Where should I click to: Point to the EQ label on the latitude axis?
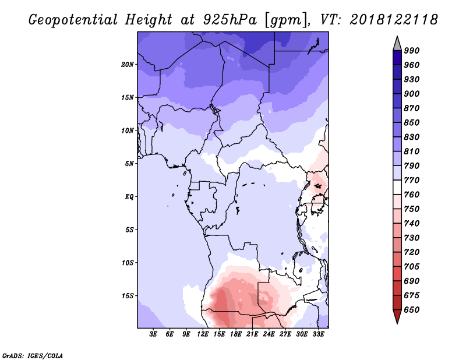pyautogui.click(x=129, y=196)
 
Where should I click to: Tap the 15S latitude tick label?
pyautogui.click(x=128, y=295)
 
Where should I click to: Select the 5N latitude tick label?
pyautogui.click(x=130, y=164)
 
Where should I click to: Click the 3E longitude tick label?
pyautogui.click(x=154, y=334)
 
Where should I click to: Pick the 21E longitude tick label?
pyautogui.click(x=253, y=334)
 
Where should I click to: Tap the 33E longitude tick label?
pyautogui.click(x=319, y=334)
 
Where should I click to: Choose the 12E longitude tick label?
pyautogui.click(x=203, y=334)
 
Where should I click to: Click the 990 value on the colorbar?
pyautogui.click(x=412, y=51)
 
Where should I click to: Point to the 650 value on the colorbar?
pyautogui.click(x=412, y=310)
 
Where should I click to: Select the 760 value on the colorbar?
pyautogui.click(x=412, y=195)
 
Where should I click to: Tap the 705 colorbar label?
pyautogui.click(x=412, y=267)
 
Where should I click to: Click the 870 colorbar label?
pyautogui.click(x=412, y=108)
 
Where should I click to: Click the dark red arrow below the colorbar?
pyautogui.click(x=397, y=317)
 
